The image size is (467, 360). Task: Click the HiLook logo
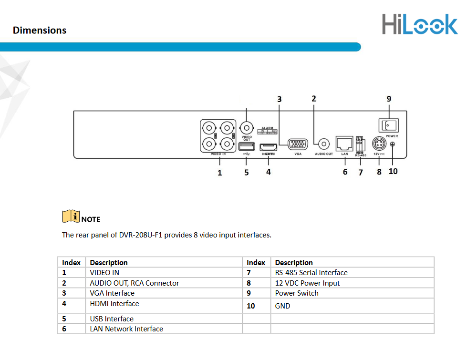pos(419,24)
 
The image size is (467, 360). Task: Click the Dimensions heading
pos(40,31)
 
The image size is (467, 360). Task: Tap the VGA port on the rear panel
pos(298,144)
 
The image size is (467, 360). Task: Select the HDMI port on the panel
pos(269,146)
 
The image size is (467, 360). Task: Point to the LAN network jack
pos(344,143)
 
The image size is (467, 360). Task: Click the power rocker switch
pos(388,125)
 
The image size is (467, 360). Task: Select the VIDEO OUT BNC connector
pos(246,128)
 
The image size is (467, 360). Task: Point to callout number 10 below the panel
pos(393,171)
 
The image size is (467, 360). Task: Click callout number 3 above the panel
pos(280,99)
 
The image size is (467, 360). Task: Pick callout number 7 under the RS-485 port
pos(361,172)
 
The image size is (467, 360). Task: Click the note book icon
pos(71,216)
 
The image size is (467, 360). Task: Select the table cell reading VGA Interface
pos(112,293)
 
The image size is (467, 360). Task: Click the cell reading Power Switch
pos(297,293)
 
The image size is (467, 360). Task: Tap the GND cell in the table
pos(282,306)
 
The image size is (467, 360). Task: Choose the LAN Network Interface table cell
pos(126,329)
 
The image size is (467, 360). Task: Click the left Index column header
pos(72,263)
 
